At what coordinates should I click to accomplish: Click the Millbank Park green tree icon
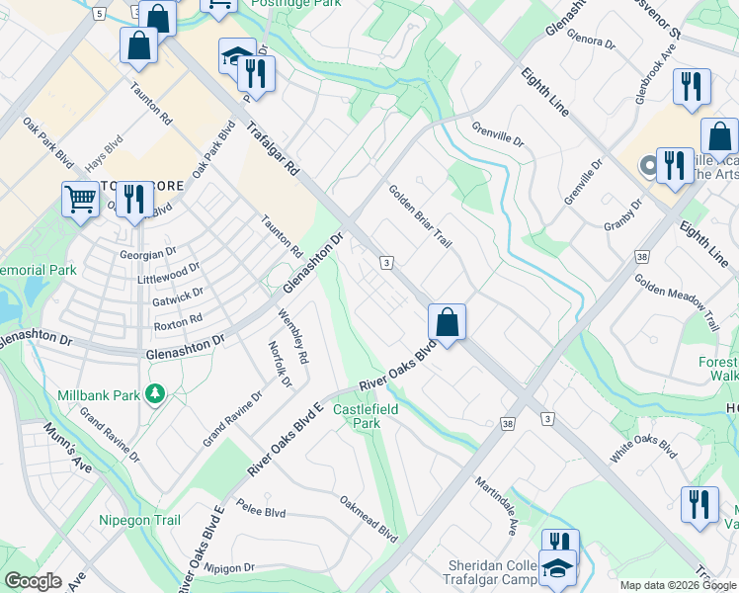(155, 394)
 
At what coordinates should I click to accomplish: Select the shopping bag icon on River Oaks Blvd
(447, 321)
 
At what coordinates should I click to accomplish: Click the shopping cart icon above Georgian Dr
(80, 199)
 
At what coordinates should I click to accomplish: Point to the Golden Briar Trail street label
(419, 217)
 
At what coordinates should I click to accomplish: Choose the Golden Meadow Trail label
(678, 301)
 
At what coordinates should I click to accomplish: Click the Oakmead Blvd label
(368, 519)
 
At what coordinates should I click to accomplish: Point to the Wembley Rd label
(294, 337)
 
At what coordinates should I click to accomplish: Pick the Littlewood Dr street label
(169, 273)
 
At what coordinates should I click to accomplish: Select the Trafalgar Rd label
(273, 149)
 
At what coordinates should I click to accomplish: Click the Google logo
(33, 581)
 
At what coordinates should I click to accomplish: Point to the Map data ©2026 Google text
(677, 585)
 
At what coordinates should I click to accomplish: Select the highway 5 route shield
(97, 13)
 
